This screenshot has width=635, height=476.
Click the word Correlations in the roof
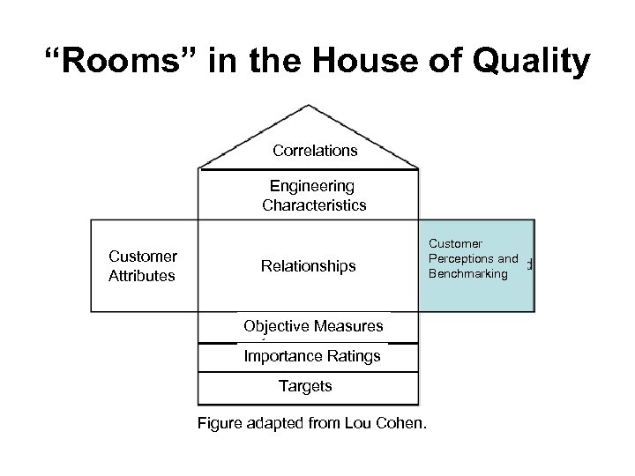(315, 151)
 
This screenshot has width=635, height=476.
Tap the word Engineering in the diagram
(312, 186)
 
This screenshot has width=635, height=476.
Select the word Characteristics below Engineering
(314, 205)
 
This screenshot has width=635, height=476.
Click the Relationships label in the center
(309, 265)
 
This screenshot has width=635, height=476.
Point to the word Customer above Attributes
(143, 257)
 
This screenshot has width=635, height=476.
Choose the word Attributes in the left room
(142, 275)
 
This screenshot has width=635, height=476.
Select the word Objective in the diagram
(274, 326)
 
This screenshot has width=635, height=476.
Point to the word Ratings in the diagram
(355, 356)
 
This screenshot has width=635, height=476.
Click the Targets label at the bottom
(305, 385)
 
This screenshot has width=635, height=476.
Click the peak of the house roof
(308, 107)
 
